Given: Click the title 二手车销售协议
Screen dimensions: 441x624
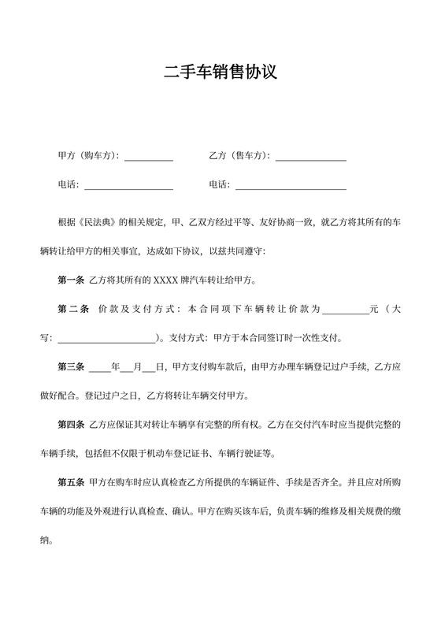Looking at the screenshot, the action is pyautogui.click(x=220, y=73).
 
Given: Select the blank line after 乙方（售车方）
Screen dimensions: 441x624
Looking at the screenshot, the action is pyautogui.click(x=310, y=158).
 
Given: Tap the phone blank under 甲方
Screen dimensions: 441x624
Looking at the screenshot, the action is pyautogui.click(x=128, y=187).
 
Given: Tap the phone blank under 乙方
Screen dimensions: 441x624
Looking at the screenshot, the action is pyautogui.click(x=291, y=187).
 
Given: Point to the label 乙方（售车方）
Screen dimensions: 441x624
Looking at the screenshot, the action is pyautogui.click(x=239, y=156).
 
